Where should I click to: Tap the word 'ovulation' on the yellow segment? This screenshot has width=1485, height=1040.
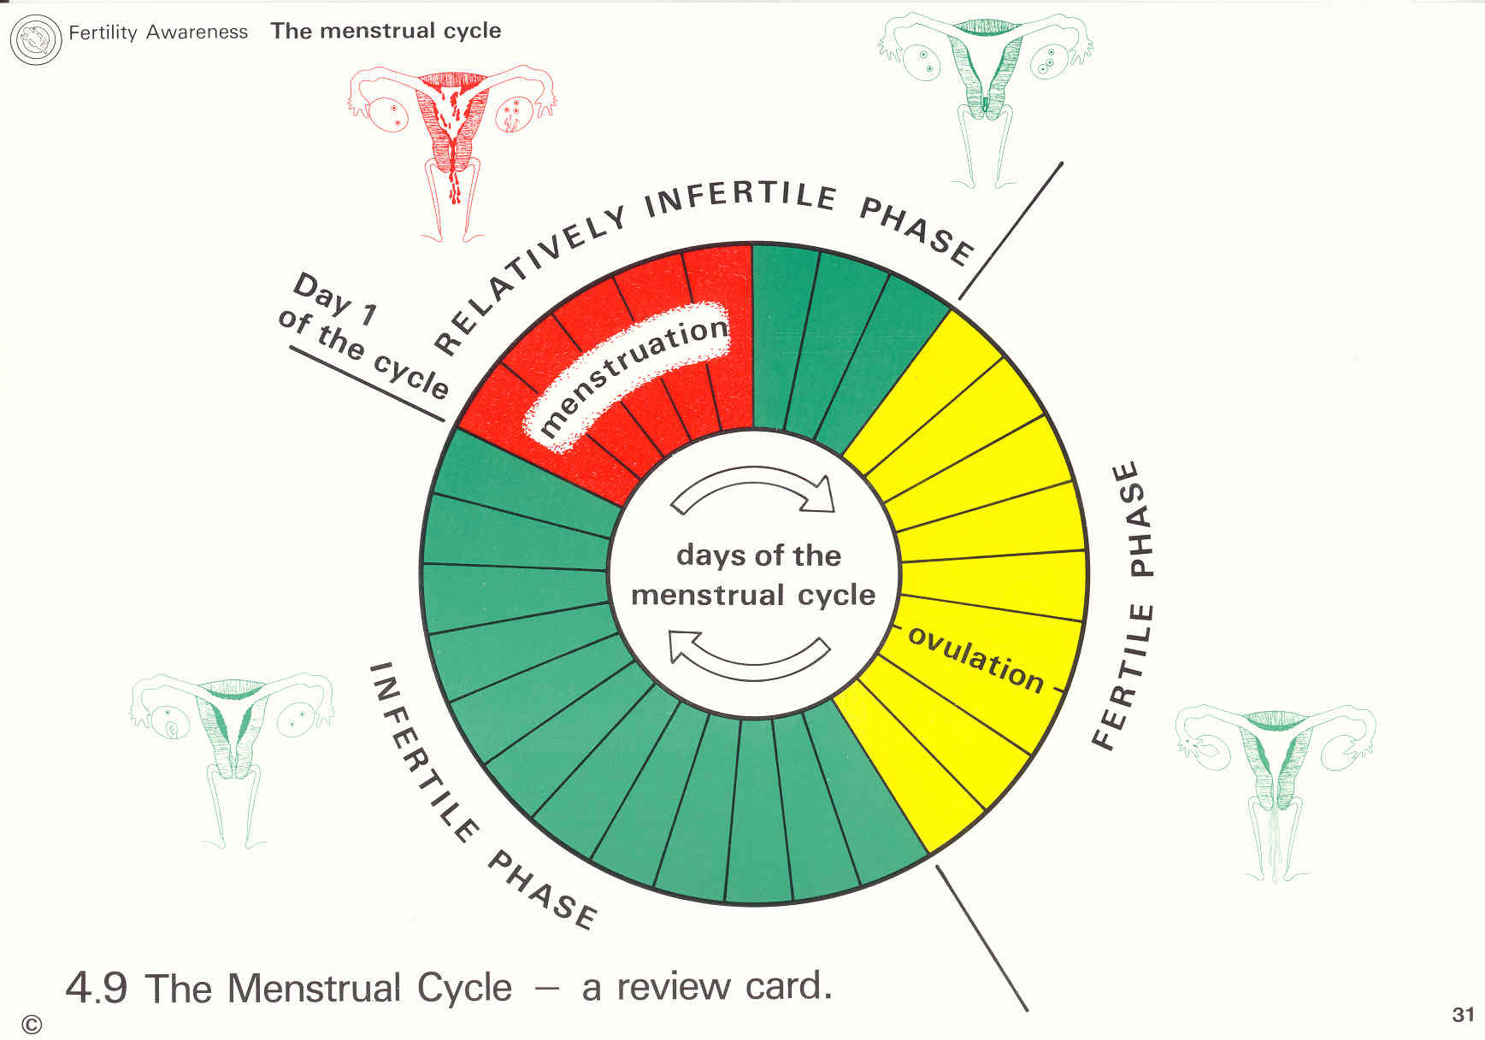pos(975,659)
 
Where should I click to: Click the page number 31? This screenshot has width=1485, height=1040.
pos(1463,1014)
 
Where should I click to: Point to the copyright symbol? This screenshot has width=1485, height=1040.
pos(32,1025)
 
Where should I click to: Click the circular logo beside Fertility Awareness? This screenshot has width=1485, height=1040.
pos(35,40)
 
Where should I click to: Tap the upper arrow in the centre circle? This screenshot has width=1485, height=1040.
pos(752,491)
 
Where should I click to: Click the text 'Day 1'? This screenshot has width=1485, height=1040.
pos(334,300)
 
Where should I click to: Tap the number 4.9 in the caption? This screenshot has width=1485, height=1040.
pos(97,988)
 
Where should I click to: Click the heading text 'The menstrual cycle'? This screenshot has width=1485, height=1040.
pos(386,31)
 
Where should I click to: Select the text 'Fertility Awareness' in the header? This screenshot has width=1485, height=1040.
pos(158,32)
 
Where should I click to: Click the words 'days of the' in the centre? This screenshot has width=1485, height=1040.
pos(758,555)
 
